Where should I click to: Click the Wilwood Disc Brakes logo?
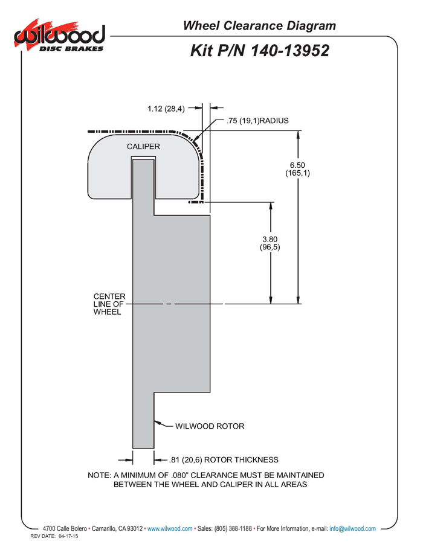click(59, 36)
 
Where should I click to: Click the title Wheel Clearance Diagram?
click(259, 26)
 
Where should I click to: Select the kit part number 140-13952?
click(290, 51)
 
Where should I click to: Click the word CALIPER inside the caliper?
click(143, 147)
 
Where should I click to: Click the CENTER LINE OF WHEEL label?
click(109, 304)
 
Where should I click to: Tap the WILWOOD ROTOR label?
click(210, 426)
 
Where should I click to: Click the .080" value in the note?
click(180, 475)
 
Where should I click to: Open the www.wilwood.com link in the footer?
click(170, 528)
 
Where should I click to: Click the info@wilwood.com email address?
click(352, 528)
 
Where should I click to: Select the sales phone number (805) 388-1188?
click(233, 528)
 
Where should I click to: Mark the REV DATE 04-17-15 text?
click(54, 536)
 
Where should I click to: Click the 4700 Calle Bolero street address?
click(65, 528)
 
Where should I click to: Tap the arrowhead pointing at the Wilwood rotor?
click(158, 423)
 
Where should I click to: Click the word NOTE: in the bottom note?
click(99, 475)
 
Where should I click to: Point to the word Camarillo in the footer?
click(104, 528)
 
